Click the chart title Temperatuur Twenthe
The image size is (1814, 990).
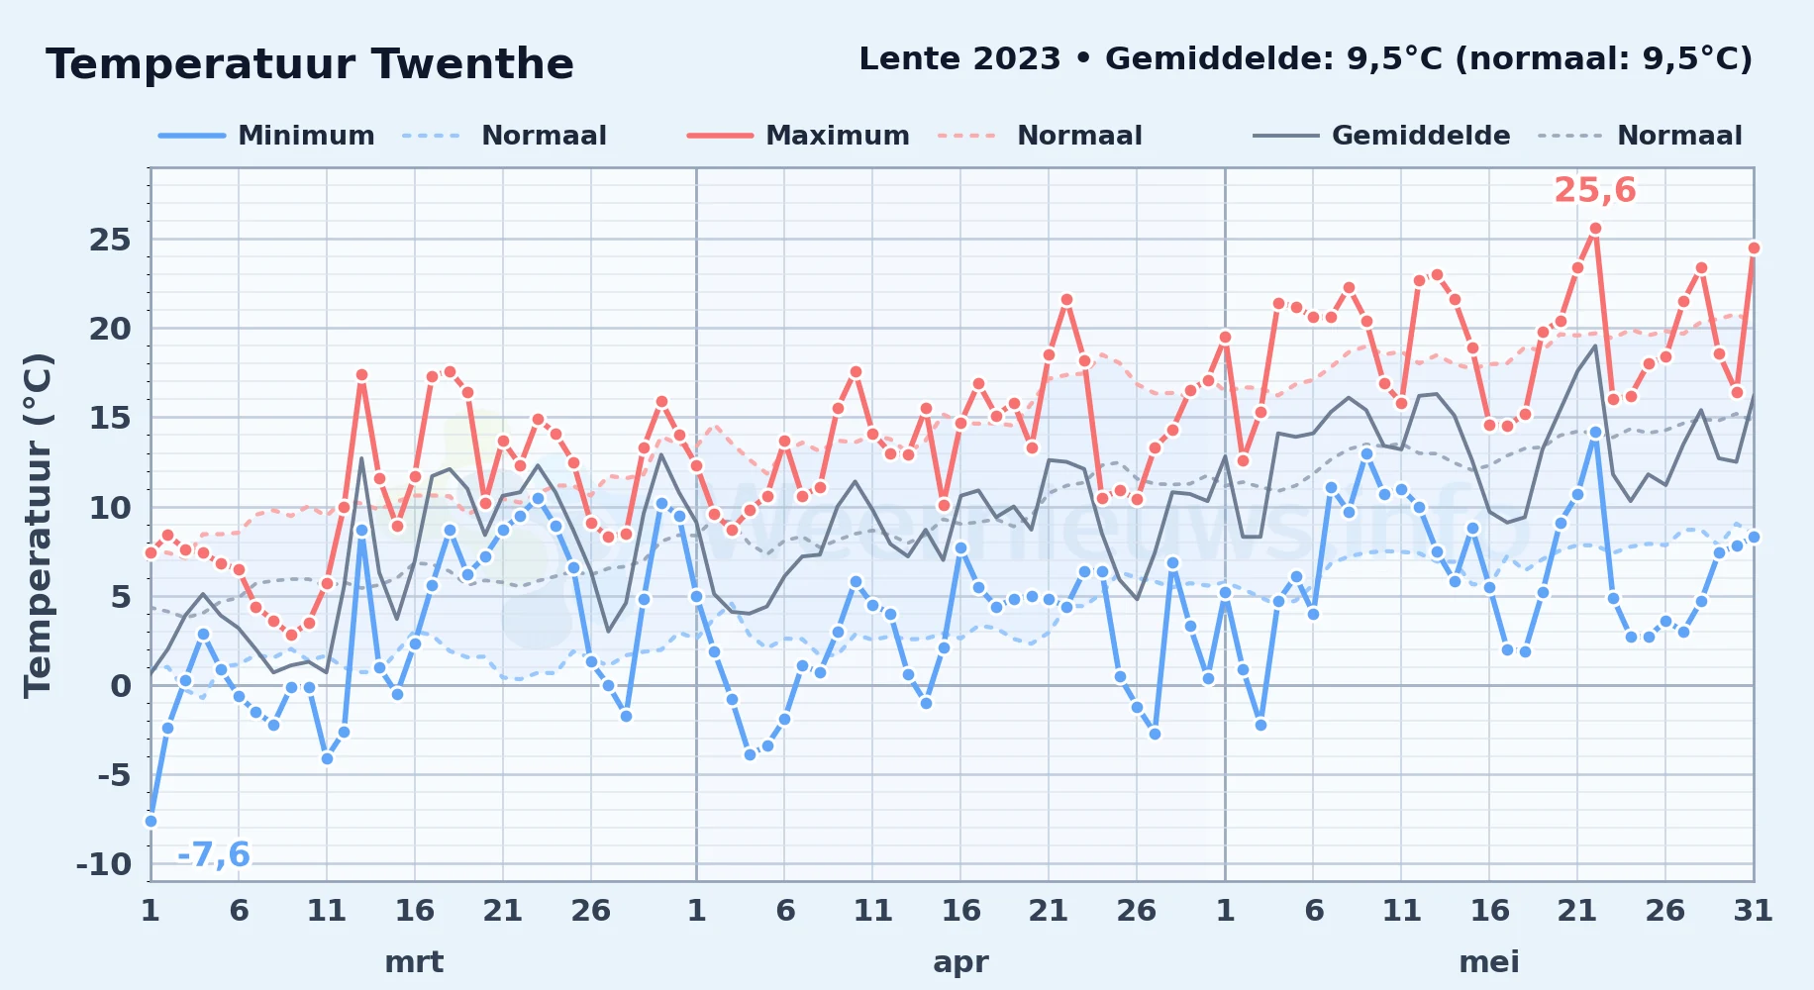click(x=310, y=64)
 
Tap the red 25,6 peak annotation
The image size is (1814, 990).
click(x=1595, y=190)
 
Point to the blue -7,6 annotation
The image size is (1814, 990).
click(x=213, y=854)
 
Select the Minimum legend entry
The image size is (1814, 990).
click(x=266, y=136)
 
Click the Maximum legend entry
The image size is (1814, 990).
click(x=798, y=136)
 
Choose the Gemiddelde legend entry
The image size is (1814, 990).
click(x=1381, y=136)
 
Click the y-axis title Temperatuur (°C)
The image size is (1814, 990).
click(x=38, y=526)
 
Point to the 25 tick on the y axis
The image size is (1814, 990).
click(x=110, y=240)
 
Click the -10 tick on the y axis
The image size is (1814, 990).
click(x=104, y=864)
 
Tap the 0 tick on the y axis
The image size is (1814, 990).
click(x=121, y=685)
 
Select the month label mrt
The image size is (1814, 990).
click(x=414, y=962)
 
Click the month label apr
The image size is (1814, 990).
click(x=960, y=962)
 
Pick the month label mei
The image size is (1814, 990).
click(x=1489, y=962)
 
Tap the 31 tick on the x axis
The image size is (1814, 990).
click(x=1753, y=911)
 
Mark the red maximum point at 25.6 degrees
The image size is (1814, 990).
click(x=1595, y=229)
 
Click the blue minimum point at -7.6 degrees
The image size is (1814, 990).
click(x=151, y=821)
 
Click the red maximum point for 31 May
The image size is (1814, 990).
click(x=1754, y=247)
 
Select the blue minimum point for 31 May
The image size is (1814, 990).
click(x=1754, y=537)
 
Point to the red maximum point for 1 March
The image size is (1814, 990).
click(x=151, y=552)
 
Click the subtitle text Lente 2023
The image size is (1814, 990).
click(x=959, y=59)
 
